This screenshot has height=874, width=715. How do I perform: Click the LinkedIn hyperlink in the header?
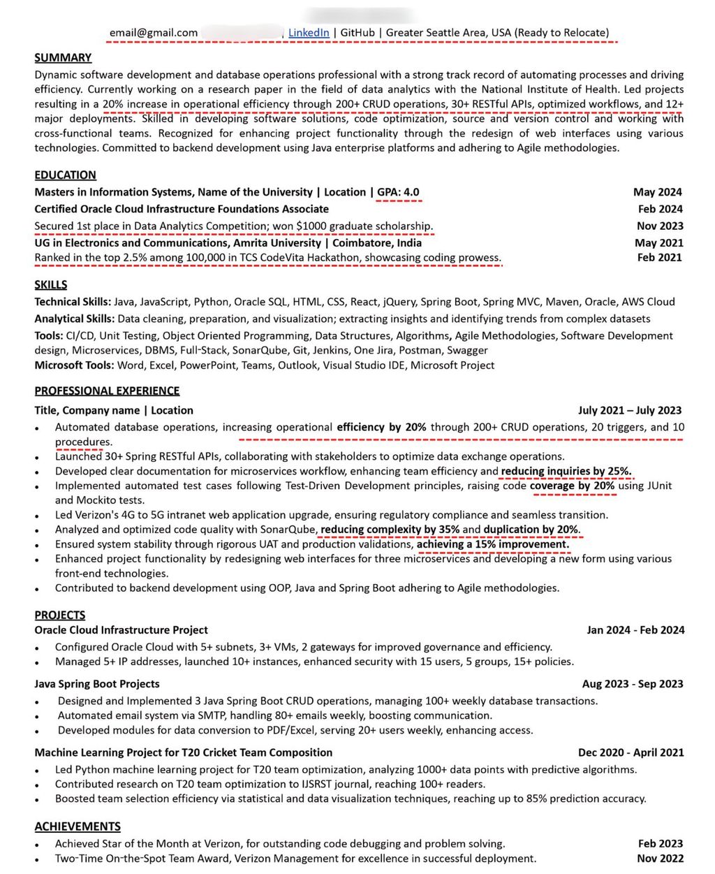coord(309,32)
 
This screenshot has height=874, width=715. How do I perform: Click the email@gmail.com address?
coord(154,32)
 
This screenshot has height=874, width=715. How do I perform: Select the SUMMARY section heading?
coord(63,57)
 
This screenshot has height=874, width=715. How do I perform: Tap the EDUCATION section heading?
coord(66,175)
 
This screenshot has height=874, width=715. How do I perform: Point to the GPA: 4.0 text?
coord(399,192)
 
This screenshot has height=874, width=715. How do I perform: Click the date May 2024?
coord(658,192)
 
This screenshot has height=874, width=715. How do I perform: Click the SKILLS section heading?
coord(51,284)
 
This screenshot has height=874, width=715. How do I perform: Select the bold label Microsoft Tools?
coord(73,365)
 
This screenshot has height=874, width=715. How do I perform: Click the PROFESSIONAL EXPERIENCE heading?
coord(107,391)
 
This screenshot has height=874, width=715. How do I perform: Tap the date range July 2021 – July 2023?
coord(630,410)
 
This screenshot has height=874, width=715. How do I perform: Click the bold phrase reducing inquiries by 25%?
coord(566,471)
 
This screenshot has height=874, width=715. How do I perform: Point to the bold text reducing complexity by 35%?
coord(390,529)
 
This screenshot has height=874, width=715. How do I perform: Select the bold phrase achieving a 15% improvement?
coord(493,544)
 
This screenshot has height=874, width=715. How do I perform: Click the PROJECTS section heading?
coord(60,615)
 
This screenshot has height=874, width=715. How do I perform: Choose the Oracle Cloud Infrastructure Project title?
coord(121,629)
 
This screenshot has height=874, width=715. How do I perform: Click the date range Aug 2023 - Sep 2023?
coord(633,683)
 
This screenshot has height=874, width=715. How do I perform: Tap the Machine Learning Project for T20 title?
coord(183,752)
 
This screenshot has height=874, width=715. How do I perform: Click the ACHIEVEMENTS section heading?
coord(78,826)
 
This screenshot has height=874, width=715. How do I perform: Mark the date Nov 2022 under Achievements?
coord(660,858)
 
